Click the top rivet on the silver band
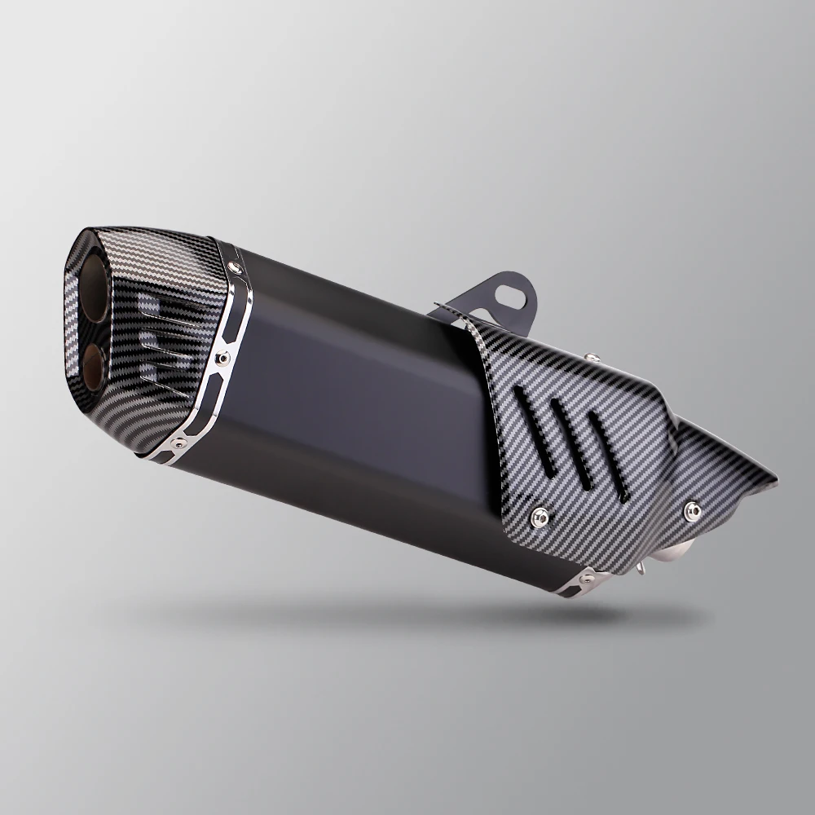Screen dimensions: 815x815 click(x=236, y=267)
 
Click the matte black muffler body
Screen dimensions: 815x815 click(x=367, y=391)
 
